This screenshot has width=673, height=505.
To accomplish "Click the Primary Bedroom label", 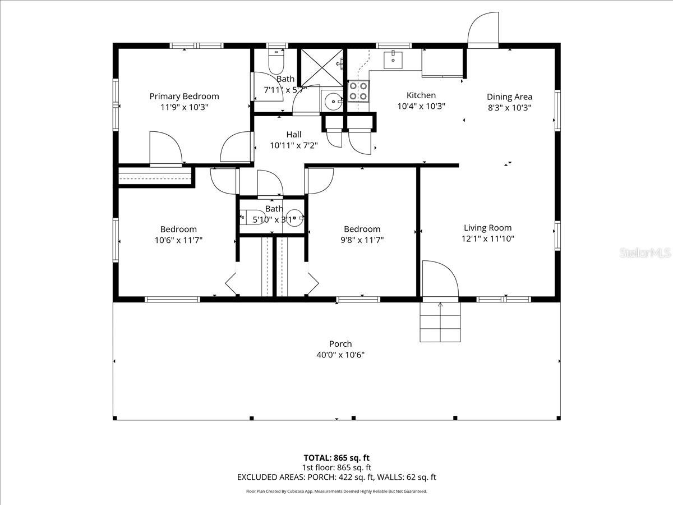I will (x=184, y=97).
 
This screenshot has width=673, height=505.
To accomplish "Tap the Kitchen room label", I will (x=421, y=95).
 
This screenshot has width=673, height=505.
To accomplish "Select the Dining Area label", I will (x=509, y=97).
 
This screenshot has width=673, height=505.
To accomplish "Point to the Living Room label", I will (x=487, y=228).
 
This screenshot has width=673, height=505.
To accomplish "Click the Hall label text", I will (x=294, y=135).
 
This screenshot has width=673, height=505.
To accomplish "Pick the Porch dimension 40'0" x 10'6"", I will (x=340, y=355).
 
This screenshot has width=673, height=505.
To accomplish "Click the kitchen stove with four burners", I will (x=359, y=91).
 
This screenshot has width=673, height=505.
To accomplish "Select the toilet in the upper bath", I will (x=276, y=62).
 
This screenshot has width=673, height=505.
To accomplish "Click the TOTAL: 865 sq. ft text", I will (x=336, y=458).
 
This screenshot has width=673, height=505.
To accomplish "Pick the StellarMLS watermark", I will (x=645, y=254).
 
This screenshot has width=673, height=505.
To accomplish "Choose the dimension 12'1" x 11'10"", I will (x=487, y=238).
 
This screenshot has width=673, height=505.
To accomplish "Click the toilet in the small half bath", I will (x=247, y=218).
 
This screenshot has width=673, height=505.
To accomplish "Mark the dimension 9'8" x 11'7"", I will (x=362, y=240).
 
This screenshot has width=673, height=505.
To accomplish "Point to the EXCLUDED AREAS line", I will (x=336, y=478).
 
